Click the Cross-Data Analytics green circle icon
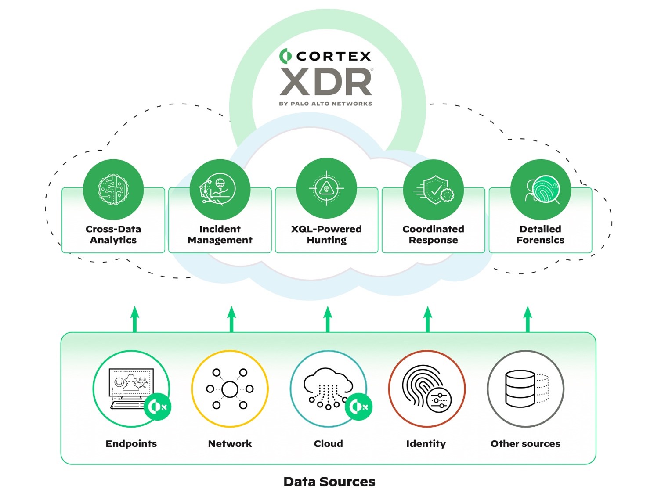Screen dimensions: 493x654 (x=113, y=189)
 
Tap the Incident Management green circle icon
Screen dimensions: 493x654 (x=220, y=189)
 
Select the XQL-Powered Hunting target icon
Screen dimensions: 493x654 (x=326, y=188)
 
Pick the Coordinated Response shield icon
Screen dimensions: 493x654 (x=434, y=189)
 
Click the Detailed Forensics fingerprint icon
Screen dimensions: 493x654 (x=540, y=189)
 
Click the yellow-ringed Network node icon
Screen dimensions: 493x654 (x=230, y=389)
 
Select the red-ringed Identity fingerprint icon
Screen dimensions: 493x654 (x=426, y=389)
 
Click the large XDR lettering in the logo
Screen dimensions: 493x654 (x=326, y=82)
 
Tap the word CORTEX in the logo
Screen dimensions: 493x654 (x=333, y=56)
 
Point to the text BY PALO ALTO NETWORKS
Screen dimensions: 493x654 (x=325, y=104)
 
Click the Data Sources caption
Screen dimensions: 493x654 (x=329, y=482)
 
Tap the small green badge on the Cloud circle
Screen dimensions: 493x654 (x=359, y=407)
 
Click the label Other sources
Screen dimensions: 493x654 (x=525, y=443)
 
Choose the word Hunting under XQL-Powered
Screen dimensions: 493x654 (x=326, y=240)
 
